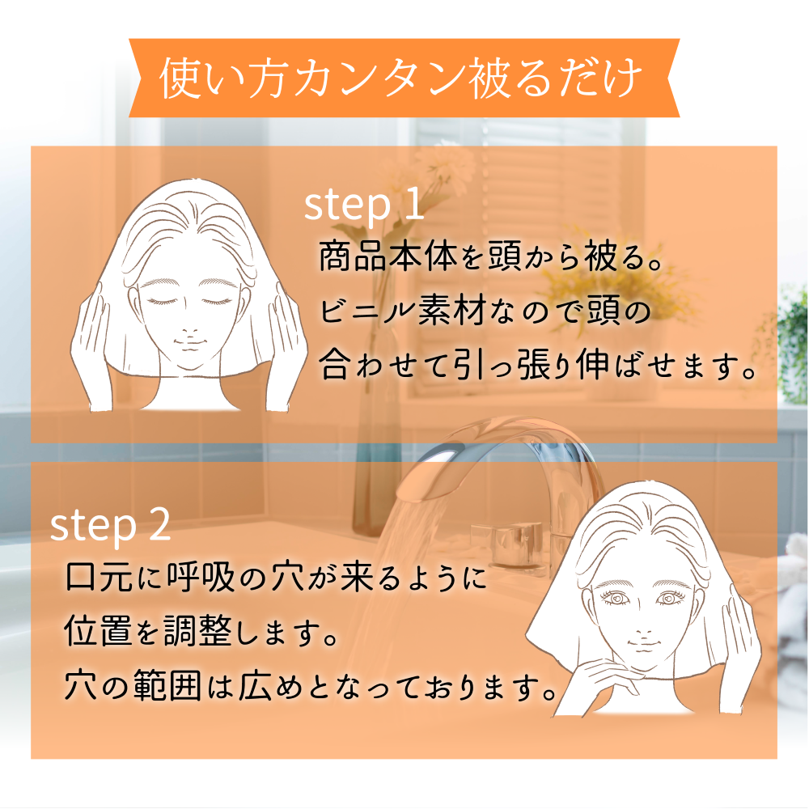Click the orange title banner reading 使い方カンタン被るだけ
coord(404,78)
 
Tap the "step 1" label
coord(364,205)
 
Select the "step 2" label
coord(110,525)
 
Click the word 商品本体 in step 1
coord(388,256)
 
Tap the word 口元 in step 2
coord(99,576)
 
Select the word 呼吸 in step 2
coord(201,576)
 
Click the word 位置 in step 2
coord(98,630)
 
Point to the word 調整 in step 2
coord(198,630)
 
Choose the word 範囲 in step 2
coord(167,686)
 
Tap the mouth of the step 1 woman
coord(189,342)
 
